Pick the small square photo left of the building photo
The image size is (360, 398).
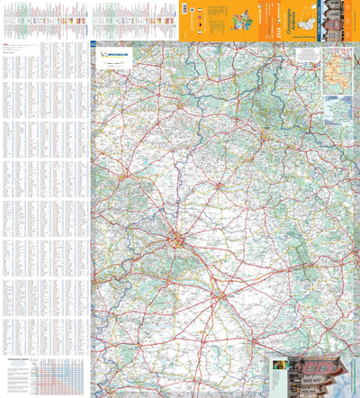(282, 370)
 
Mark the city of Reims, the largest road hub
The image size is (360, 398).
(181, 240)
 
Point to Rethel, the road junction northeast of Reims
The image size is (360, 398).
(219, 185)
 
